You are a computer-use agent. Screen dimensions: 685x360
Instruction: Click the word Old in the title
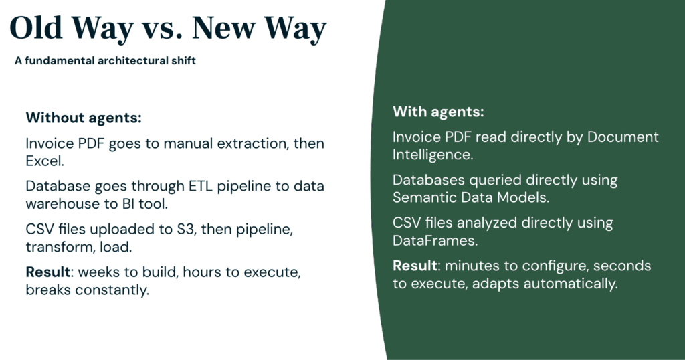(36, 28)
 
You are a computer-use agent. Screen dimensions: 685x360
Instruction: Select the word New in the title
(224, 28)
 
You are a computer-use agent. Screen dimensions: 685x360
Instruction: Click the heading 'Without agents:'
(84, 118)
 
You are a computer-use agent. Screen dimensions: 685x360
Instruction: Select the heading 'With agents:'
(438, 112)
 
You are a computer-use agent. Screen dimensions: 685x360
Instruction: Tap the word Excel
(45, 161)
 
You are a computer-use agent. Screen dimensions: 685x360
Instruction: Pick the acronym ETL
(201, 186)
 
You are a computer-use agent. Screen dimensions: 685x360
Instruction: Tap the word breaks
(48, 290)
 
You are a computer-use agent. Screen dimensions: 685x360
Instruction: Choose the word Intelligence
(433, 155)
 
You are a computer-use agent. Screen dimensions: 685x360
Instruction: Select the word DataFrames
(435, 240)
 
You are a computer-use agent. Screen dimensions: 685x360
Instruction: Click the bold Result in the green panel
(415, 266)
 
